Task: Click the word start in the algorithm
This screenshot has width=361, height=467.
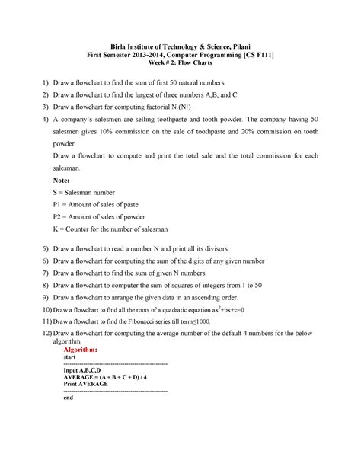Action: pyautogui.click(x=70, y=357)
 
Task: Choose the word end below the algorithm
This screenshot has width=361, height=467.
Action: pyautogui.click(x=69, y=398)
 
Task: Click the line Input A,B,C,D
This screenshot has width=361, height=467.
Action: pyautogui.click(x=88, y=370)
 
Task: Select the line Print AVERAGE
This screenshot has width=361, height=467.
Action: pyautogui.click(x=86, y=385)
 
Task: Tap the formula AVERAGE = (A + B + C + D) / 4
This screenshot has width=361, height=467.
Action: pyautogui.click(x=106, y=377)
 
